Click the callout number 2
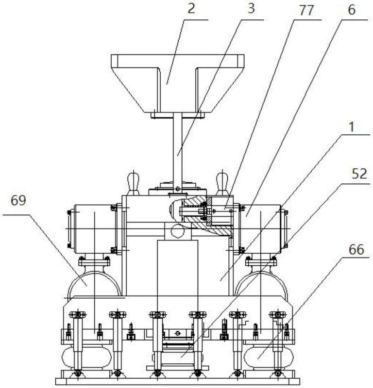pos(191,9)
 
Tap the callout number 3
pos(251,9)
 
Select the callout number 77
pos(306,11)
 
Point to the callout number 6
pos(352,10)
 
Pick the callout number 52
pos(359,174)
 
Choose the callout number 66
pos(356,249)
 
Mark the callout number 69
pos(18,200)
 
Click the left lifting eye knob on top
pos(134,184)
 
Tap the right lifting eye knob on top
pos(222,184)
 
